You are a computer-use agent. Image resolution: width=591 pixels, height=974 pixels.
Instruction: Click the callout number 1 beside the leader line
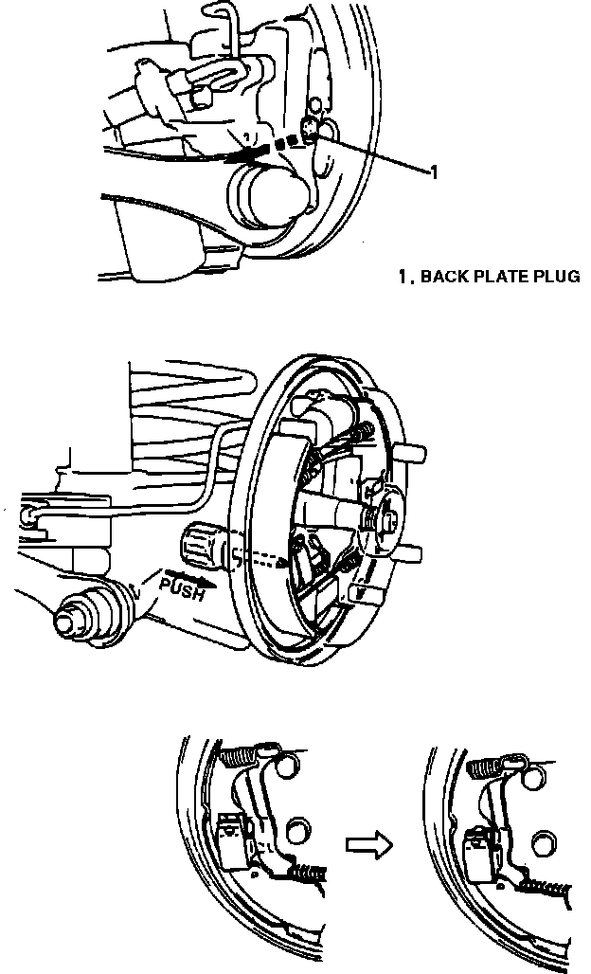pos(434,172)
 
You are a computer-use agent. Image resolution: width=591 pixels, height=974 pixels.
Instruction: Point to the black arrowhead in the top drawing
pos(237,153)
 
